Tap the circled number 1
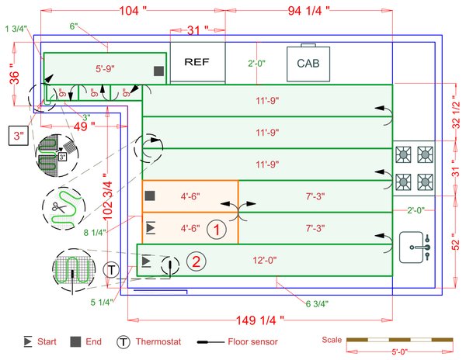pos(218,229)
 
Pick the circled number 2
pos(196,261)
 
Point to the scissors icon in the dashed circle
pos(58,206)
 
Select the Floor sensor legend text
pos(253,341)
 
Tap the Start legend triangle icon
pos(28,341)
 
